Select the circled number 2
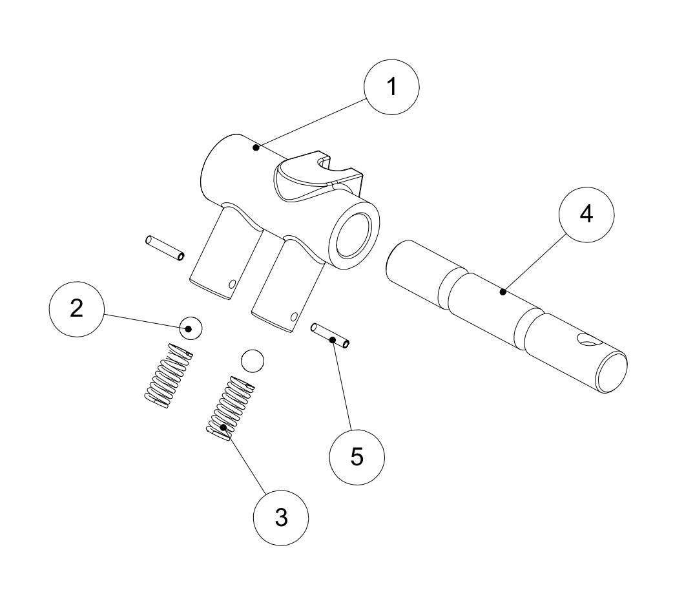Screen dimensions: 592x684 tap(77, 309)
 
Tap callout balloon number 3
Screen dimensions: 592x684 tap(280, 517)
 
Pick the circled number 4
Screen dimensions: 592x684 tap(586, 215)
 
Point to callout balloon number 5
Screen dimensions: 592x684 tap(357, 456)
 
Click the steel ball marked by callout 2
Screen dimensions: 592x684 tap(191, 328)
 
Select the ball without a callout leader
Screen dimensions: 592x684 tap(252, 361)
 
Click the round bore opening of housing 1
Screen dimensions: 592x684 tap(353, 233)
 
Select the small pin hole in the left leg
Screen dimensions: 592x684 tap(232, 283)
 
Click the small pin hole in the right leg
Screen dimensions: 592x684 tap(294, 317)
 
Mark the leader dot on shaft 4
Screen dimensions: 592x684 tap(503, 293)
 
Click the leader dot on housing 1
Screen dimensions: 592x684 tap(256, 148)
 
